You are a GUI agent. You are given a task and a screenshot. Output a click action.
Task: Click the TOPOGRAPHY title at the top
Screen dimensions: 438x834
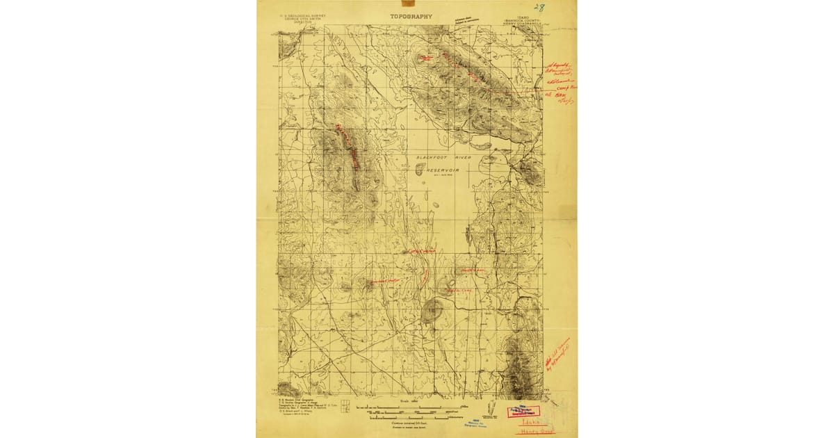pos(411,16)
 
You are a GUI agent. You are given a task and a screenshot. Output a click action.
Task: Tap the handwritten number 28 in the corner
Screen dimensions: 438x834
pos(540,9)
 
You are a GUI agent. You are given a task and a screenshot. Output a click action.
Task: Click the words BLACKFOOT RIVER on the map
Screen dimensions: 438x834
pos(443,158)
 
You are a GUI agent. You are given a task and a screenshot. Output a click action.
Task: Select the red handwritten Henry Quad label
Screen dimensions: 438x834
pos(535,431)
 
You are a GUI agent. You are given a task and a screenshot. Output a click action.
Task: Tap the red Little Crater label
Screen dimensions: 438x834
pos(386,281)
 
